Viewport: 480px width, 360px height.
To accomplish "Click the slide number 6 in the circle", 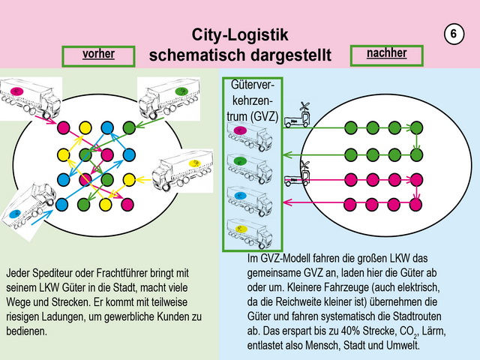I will [454, 34].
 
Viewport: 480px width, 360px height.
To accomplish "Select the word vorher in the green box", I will [98, 55].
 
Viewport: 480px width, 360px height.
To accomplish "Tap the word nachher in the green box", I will [386, 53].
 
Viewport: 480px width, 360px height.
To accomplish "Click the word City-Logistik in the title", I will [240, 34].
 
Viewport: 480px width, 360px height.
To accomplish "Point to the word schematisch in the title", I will [197, 55].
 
